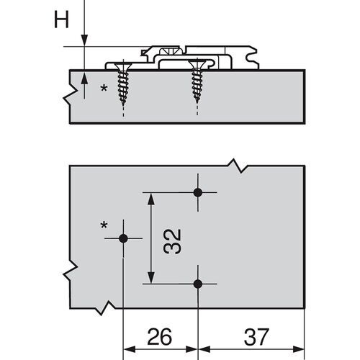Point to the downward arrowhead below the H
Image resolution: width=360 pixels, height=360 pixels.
(84, 40)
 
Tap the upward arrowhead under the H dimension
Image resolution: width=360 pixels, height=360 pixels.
(84, 75)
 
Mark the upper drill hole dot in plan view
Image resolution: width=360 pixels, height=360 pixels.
(198, 192)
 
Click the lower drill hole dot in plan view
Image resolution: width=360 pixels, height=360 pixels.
(198, 284)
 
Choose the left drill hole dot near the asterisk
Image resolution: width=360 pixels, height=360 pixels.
(123, 238)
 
